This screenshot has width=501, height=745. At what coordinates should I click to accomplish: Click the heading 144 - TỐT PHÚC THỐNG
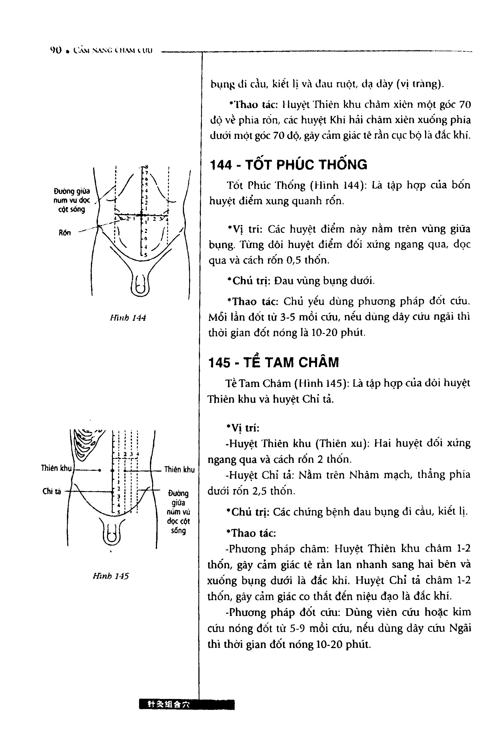point(288,164)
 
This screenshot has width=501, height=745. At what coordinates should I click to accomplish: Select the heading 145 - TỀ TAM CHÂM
point(273,362)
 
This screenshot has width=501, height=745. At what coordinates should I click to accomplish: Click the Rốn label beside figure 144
point(64,232)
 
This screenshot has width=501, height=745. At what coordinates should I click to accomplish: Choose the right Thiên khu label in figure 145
point(179,469)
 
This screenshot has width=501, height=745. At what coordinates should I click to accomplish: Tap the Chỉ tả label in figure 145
point(51,491)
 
